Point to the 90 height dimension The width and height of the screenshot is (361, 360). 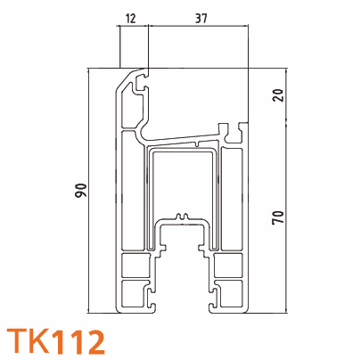(80, 189)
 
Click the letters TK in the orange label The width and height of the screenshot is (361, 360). (28, 340)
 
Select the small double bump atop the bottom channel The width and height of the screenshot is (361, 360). (183, 216)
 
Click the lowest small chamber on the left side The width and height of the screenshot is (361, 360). (135, 294)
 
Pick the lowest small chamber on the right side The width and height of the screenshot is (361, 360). (229, 294)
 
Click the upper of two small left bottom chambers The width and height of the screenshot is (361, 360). (135, 266)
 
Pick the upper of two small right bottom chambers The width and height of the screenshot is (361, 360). (229, 266)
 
